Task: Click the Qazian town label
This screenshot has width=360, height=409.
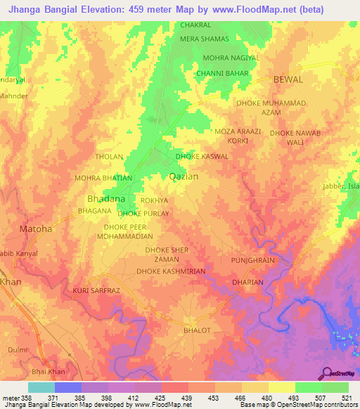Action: tap(184, 177)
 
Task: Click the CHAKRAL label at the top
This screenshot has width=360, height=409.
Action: tap(196, 25)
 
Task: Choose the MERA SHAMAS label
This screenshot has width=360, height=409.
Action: tap(205, 40)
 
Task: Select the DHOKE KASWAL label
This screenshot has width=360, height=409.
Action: tap(202, 156)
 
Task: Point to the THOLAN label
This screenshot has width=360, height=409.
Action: tap(109, 156)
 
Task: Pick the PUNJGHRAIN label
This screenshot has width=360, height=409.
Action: tap(252, 260)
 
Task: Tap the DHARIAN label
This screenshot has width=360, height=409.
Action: tap(247, 283)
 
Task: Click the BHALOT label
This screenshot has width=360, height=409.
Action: tap(197, 329)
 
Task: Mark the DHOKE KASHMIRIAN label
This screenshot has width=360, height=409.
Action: tap(171, 271)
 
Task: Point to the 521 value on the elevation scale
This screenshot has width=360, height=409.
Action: tap(348, 398)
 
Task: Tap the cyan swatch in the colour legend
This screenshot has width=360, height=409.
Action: tap(41, 387)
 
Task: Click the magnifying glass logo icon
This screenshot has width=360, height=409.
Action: tap(327, 373)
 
